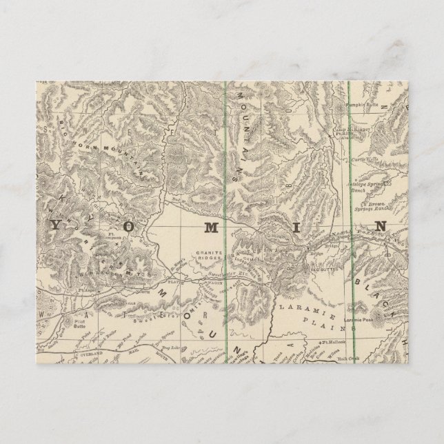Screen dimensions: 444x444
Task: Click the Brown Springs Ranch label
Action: coord(381,205)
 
